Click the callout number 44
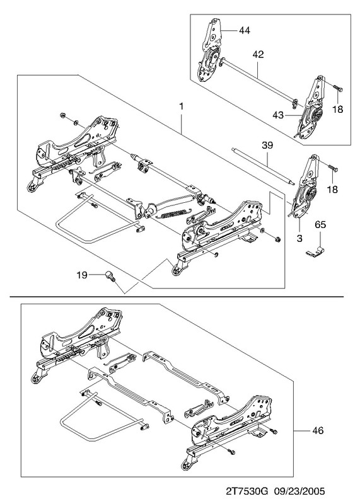[244, 30]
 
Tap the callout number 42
[258, 54]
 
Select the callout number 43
[278, 115]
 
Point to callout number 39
[267, 146]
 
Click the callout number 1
[182, 106]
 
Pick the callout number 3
[299, 239]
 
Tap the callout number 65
[320, 224]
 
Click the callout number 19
[82, 275]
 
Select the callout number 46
[318, 430]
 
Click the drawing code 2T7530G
[247, 491]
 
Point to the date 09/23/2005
[299, 491]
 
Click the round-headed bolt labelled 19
[111, 277]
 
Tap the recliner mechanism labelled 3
[303, 192]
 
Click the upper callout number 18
[338, 109]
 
